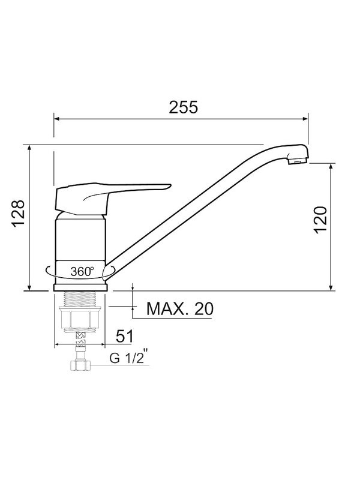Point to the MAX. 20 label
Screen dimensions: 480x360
pyautogui.click(x=180, y=309)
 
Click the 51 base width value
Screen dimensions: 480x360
pyautogui.click(x=124, y=335)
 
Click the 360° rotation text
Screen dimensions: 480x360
pyautogui.click(x=82, y=271)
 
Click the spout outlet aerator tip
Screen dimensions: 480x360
pyautogui.click(x=298, y=160)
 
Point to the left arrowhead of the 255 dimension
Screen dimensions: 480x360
pyautogui.click(x=57, y=119)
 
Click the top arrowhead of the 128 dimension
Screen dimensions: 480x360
pyautogui.click(x=29, y=148)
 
